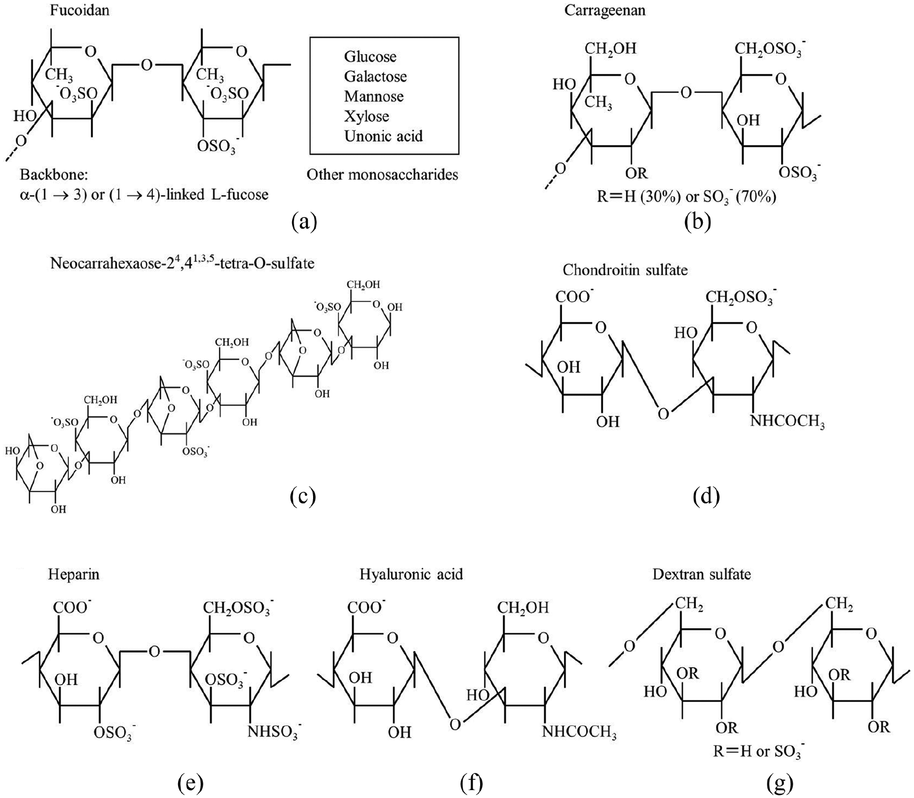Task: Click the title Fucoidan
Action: [x=80, y=10]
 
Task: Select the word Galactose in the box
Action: [x=376, y=77]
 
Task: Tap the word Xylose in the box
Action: [x=367, y=117]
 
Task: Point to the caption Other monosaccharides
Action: [x=382, y=175]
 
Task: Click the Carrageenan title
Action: [x=605, y=11]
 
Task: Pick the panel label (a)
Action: [x=304, y=222]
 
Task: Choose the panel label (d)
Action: [x=706, y=495]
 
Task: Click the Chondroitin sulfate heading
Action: [x=625, y=270]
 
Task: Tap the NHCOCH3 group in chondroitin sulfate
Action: [x=787, y=422]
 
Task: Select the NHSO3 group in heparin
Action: [x=274, y=732]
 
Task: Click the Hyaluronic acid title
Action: [x=411, y=574]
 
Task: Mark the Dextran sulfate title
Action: [x=702, y=574]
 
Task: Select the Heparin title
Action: [x=74, y=575]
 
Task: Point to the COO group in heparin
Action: [x=71, y=607]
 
